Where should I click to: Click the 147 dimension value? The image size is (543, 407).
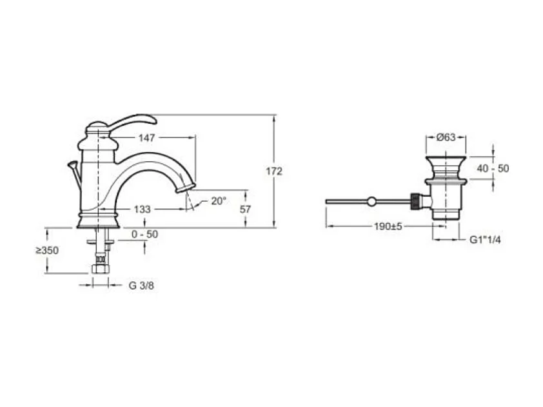coord(146,138)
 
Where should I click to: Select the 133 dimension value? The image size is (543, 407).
coord(143,209)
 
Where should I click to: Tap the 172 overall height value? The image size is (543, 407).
coord(274,172)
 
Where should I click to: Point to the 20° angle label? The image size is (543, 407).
coord(219,201)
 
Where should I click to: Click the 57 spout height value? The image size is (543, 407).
coord(245,209)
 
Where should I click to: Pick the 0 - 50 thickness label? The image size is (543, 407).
coord(144,235)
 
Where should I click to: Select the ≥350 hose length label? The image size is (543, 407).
coord(47,250)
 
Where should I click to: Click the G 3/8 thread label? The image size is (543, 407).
coord(141,286)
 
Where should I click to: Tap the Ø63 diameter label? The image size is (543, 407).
coord(446,137)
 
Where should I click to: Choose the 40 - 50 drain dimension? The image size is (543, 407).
coord(493,169)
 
